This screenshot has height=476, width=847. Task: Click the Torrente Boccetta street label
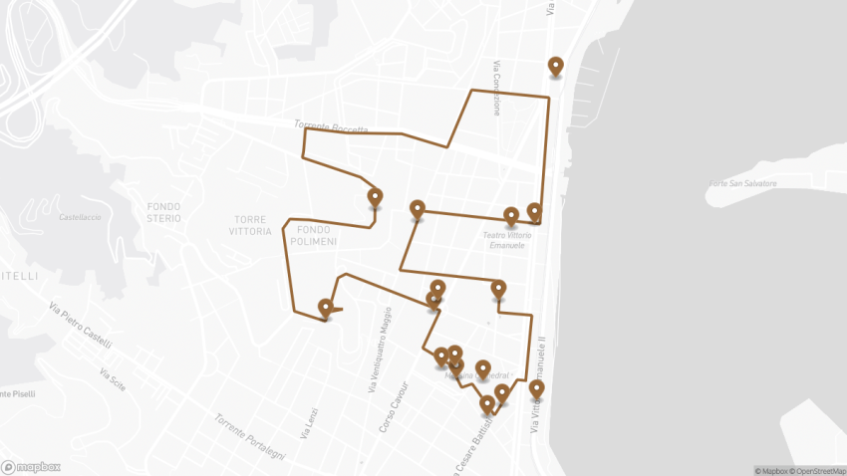pos(331,127)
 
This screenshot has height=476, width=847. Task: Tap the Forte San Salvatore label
pos(742,184)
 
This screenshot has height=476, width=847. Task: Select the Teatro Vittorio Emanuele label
pos(508,240)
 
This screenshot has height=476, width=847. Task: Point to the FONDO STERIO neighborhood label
pos(163,211)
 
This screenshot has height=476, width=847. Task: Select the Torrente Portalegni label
pos(248,435)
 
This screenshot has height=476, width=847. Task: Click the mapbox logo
pos(31,466)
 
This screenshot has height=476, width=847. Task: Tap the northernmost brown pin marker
pos(556,68)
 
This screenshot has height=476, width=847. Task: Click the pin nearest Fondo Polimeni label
pos(375,197)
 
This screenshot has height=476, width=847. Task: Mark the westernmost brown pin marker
pos(325,309)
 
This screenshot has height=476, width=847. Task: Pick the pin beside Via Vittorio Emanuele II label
pos(537,389)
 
